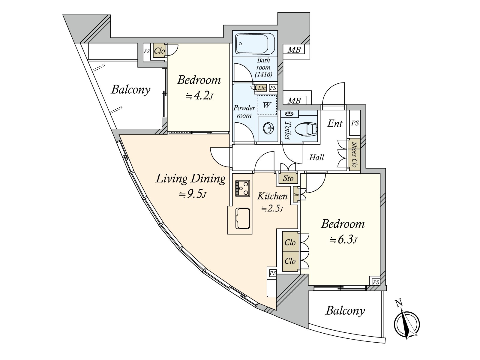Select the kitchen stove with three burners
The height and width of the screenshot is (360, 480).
[x=242, y=188]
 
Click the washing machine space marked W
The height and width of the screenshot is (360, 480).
[x=267, y=105]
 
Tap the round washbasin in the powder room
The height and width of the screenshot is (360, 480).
[x=268, y=128]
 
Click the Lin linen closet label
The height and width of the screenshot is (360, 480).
[x=262, y=88]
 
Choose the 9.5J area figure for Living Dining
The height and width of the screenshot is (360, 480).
[x=192, y=194]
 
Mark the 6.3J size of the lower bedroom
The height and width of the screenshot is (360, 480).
[x=343, y=240]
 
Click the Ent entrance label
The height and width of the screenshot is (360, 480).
[x=335, y=124]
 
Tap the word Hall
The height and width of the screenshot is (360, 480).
[x=316, y=157]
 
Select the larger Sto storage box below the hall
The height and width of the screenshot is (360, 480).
[x=288, y=178]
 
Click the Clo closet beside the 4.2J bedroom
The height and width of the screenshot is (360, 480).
[x=159, y=51]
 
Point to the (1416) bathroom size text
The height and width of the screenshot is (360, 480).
[x=263, y=74]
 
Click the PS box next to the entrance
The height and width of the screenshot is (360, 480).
[x=355, y=123]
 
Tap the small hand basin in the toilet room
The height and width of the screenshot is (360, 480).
[x=289, y=114]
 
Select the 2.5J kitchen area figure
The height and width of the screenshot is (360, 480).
[x=272, y=209]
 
